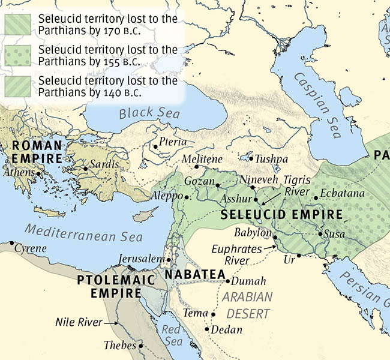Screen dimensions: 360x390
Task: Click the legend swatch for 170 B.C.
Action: (x=19, y=24)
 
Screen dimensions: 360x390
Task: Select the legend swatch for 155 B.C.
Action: (x=19, y=55)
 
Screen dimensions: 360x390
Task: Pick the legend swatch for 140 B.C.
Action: (x=19, y=86)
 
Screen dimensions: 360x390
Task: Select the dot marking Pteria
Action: (x=155, y=146)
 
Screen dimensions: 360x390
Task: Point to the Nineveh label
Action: (x=260, y=179)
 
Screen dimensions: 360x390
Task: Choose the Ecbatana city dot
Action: (x=316, y=197)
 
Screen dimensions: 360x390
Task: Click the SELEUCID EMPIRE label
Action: (x=281, y=214)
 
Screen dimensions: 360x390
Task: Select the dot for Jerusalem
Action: (x=169, y=259)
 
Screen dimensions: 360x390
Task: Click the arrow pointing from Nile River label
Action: (x=109, y=323)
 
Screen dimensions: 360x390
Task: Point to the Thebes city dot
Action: (x=141, y=346)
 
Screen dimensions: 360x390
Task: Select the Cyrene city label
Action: (x=31, y=248)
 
